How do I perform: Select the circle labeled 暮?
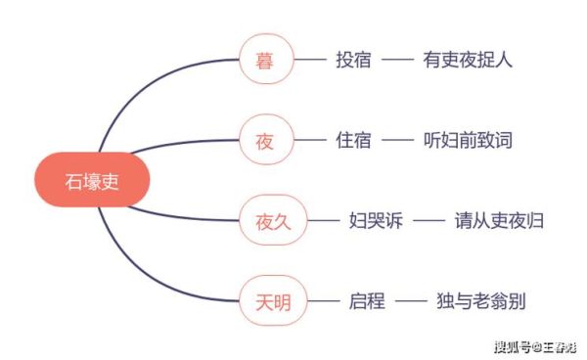click(265, 61)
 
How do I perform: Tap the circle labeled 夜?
click(265, 141)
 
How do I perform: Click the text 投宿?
click(352, 61)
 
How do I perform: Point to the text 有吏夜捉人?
click(469, 61)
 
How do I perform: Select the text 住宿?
click(352, 141)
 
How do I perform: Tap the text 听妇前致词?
click(469, 141)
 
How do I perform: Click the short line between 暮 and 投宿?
click(310, 61)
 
